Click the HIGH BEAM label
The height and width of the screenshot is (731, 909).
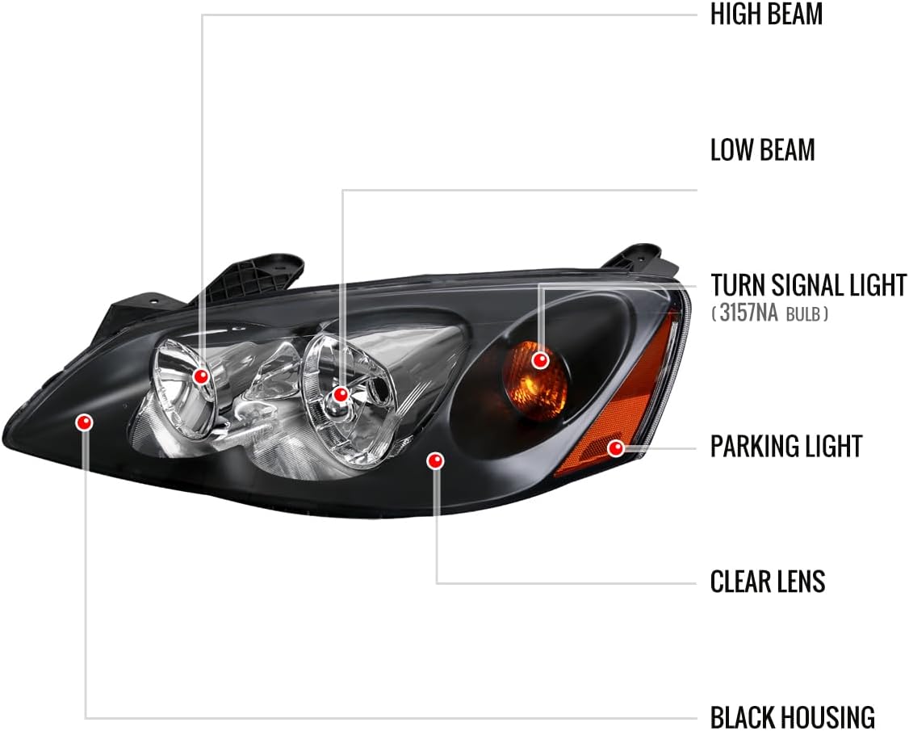click(766, 14)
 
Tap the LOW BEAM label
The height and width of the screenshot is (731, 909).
click(763, 149)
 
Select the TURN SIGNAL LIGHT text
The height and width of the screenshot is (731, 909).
click(809, 285)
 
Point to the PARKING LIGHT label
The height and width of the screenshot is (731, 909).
click(786, 446)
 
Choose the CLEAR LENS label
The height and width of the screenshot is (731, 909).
click(768, 582)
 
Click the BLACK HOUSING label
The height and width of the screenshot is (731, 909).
click(792, 717)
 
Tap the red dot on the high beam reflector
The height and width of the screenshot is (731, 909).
click(201, 376)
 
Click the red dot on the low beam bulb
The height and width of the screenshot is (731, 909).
click(341, 395)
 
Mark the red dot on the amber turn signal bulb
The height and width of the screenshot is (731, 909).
click(540, 360)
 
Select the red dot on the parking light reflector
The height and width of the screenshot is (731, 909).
click(616, 447)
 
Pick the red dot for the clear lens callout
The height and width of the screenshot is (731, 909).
click(435, 460)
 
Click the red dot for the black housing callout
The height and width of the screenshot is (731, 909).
click(84, 422)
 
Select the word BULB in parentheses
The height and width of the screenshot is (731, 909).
click(803, 314)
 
